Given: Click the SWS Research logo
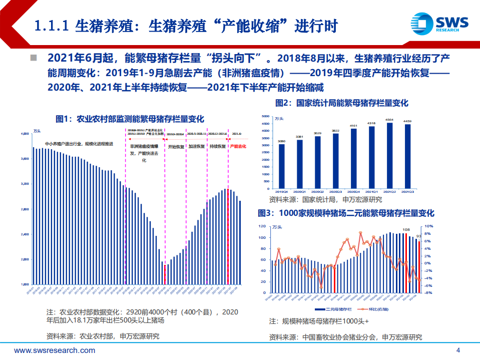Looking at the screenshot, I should [439, 24].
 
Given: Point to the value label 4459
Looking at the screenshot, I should [408, 121].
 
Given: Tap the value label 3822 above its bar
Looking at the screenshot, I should [335, 130].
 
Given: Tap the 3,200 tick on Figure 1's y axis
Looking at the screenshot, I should [25, 184].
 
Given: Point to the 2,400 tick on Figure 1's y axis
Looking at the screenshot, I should [25, 234].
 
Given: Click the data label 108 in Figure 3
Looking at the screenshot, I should [406, 231].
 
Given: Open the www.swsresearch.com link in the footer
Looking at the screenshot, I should [55, 350].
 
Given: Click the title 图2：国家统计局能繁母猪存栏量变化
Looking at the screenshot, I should [342, 103].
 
